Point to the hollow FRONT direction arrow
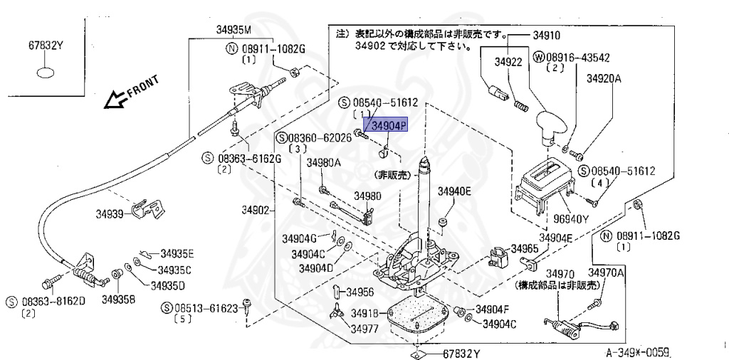[114, 100]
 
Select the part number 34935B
[118, 300]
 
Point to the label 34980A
[324, 163]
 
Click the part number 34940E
[454, 191]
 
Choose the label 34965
[525, 248]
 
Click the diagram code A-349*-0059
[639, 351]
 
